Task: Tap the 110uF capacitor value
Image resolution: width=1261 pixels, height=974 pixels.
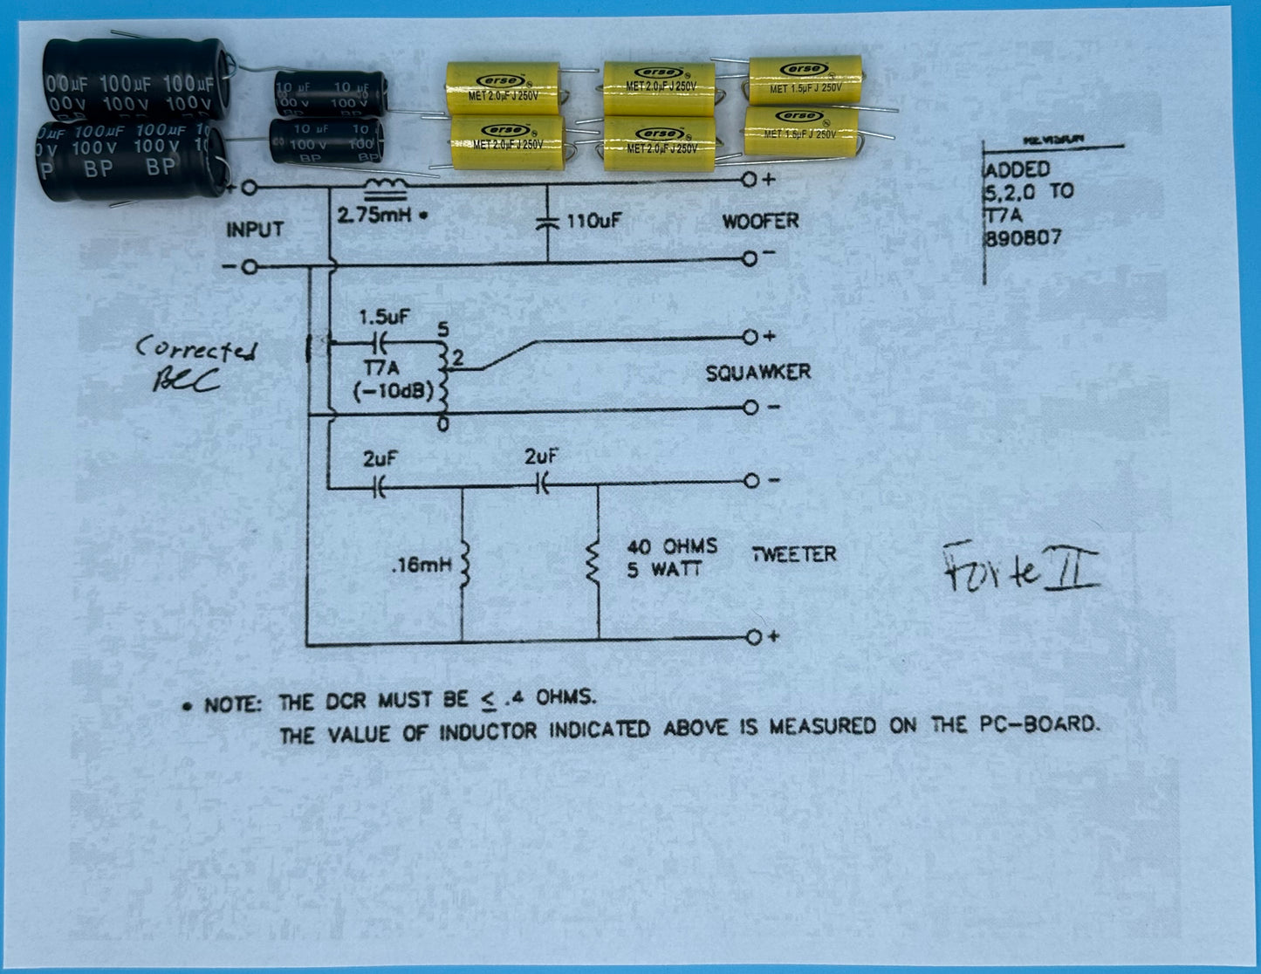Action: [593, 222]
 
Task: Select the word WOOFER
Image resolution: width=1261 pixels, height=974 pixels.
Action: [760, 222]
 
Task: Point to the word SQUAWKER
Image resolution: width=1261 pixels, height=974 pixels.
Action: [757, 374]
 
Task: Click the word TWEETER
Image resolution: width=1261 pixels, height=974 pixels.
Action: [794, 554]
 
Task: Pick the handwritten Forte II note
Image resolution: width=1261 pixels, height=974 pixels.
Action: [1021, 569]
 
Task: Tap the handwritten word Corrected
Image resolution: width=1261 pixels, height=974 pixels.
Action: [196, 351]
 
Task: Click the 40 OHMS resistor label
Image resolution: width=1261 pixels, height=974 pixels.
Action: [672, 547]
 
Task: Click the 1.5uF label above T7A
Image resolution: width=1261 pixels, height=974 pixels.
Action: [385, 318]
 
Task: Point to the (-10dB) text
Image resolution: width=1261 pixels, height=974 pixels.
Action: [393, 392]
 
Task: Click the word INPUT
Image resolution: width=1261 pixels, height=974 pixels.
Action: [255, 230]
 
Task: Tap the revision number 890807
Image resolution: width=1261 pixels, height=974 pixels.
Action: [1023, 237]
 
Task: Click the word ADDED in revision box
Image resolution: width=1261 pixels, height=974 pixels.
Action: [1018, 170]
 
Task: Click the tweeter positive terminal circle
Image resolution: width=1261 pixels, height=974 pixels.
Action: [753, 638]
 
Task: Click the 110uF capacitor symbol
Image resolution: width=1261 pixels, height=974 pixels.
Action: [548, 223]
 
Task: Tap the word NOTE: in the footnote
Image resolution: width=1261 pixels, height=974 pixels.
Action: [232, 704]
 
